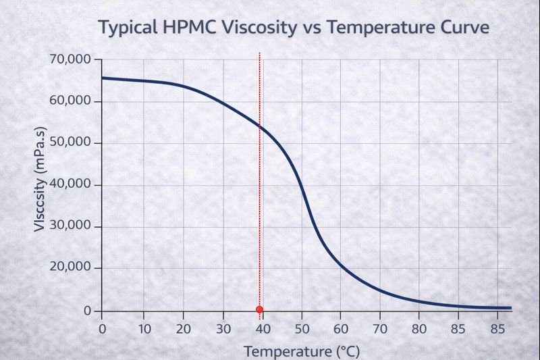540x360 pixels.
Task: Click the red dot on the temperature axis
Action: coord(259,309)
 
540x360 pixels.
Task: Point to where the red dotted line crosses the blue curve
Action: coord(260,126)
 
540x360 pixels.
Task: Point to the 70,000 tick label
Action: coord(70,59)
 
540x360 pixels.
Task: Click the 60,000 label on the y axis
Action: coord(70,101)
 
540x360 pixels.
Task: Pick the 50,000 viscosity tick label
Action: coord(70,143)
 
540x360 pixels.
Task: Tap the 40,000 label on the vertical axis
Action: coord(70,185)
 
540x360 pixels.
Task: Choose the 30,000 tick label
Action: coord(70,226)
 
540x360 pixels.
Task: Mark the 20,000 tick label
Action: coord(70,268)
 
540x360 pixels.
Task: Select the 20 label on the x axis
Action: coord(182,329)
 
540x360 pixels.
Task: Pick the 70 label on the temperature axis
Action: coord(379,329)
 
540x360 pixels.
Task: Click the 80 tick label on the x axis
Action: coord(419,329)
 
